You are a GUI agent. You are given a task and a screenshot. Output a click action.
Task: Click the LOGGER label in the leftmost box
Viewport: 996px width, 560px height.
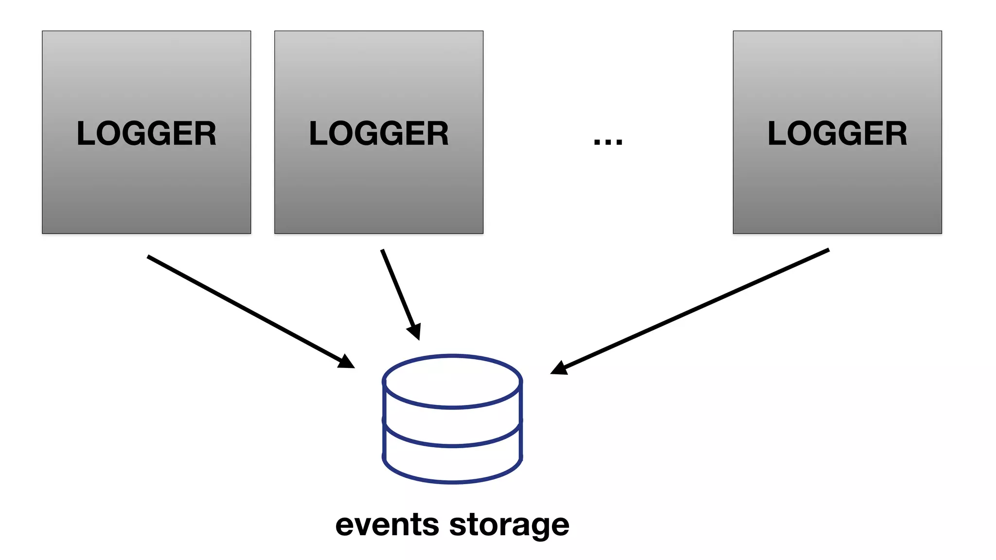click(146, 134)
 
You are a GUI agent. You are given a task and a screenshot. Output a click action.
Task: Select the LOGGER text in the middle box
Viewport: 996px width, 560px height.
click(379, 134)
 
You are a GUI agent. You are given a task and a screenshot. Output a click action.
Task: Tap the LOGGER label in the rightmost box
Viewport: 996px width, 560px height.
click(837, 134)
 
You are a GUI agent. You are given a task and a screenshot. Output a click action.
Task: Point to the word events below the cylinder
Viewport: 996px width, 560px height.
click(387, 525)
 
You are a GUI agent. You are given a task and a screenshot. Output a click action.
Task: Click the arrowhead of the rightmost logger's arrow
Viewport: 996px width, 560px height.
click(559, 368)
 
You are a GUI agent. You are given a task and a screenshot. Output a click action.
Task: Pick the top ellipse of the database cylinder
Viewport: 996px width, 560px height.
click(452, 381)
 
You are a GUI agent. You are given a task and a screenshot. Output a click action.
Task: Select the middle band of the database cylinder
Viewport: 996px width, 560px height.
click(452, 426)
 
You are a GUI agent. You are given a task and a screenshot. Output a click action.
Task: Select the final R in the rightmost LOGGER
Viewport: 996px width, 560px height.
click(896, 134)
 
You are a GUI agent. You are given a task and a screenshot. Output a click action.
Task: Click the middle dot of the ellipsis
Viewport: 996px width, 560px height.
click(608, 142)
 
